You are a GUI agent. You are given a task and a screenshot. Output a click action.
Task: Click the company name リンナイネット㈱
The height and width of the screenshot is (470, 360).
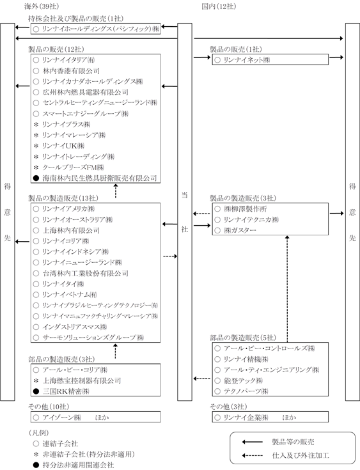pyautogui.click(x=247, y=59)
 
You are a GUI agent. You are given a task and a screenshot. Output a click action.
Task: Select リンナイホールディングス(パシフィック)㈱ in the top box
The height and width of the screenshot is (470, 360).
pyautogui.click(x=101, y=29)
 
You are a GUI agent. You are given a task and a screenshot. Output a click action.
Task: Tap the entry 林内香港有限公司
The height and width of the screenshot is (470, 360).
pyautogui.click(x=71, y=71)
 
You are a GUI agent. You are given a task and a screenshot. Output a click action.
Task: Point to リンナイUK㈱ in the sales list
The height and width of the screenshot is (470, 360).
pyautogui.click(x=63, y=146)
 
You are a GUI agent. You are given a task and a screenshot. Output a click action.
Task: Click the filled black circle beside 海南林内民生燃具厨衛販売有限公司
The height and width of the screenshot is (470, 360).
pyautogui.click(x=36, y=178)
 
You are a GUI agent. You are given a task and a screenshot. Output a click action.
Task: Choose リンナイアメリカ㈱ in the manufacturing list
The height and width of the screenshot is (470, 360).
pyautogui.click(x=68, y=208)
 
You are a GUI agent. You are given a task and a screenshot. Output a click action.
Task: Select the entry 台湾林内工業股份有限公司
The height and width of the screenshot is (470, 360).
pyautogui.click(x=86, y=274)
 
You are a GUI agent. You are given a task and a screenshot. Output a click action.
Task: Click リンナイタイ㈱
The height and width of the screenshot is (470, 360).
pyautogui.click(x=63, y=284)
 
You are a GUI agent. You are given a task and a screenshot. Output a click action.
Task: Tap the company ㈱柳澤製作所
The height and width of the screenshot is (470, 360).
pyautogui.click(x=245, y=208)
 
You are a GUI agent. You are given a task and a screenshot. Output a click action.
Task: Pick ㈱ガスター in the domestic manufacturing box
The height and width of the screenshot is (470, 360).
pyautogui.click(x=240, y=230)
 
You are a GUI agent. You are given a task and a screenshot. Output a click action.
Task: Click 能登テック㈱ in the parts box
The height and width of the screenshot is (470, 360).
pyautogui.click(x=243, y=380)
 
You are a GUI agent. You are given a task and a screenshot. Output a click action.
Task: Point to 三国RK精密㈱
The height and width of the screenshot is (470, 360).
pyautogui.click(x=66, y=391)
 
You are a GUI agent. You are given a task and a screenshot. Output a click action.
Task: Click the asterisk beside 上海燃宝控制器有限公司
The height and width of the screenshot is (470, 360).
pyautogui.click(x=36, y=380)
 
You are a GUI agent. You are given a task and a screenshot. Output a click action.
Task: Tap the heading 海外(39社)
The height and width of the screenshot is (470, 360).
pyautogui.click(x=42, y=6)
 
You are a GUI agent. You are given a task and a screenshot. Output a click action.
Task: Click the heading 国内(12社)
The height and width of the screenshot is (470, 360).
pyautogui.click(x=219, y=6)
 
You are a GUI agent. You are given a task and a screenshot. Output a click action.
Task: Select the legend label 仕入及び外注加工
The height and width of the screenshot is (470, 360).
pyautogui.click(x=301, y=455)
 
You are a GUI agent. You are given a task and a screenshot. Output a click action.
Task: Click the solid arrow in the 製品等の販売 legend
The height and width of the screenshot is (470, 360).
pyautogui.click(x=253, y=442)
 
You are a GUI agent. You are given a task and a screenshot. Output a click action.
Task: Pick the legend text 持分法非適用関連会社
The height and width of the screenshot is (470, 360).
pyautogui.click(x=78, y=465)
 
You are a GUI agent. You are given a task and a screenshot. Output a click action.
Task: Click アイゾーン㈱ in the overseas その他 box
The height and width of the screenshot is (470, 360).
pyautogui.click(x=62, y=417)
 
